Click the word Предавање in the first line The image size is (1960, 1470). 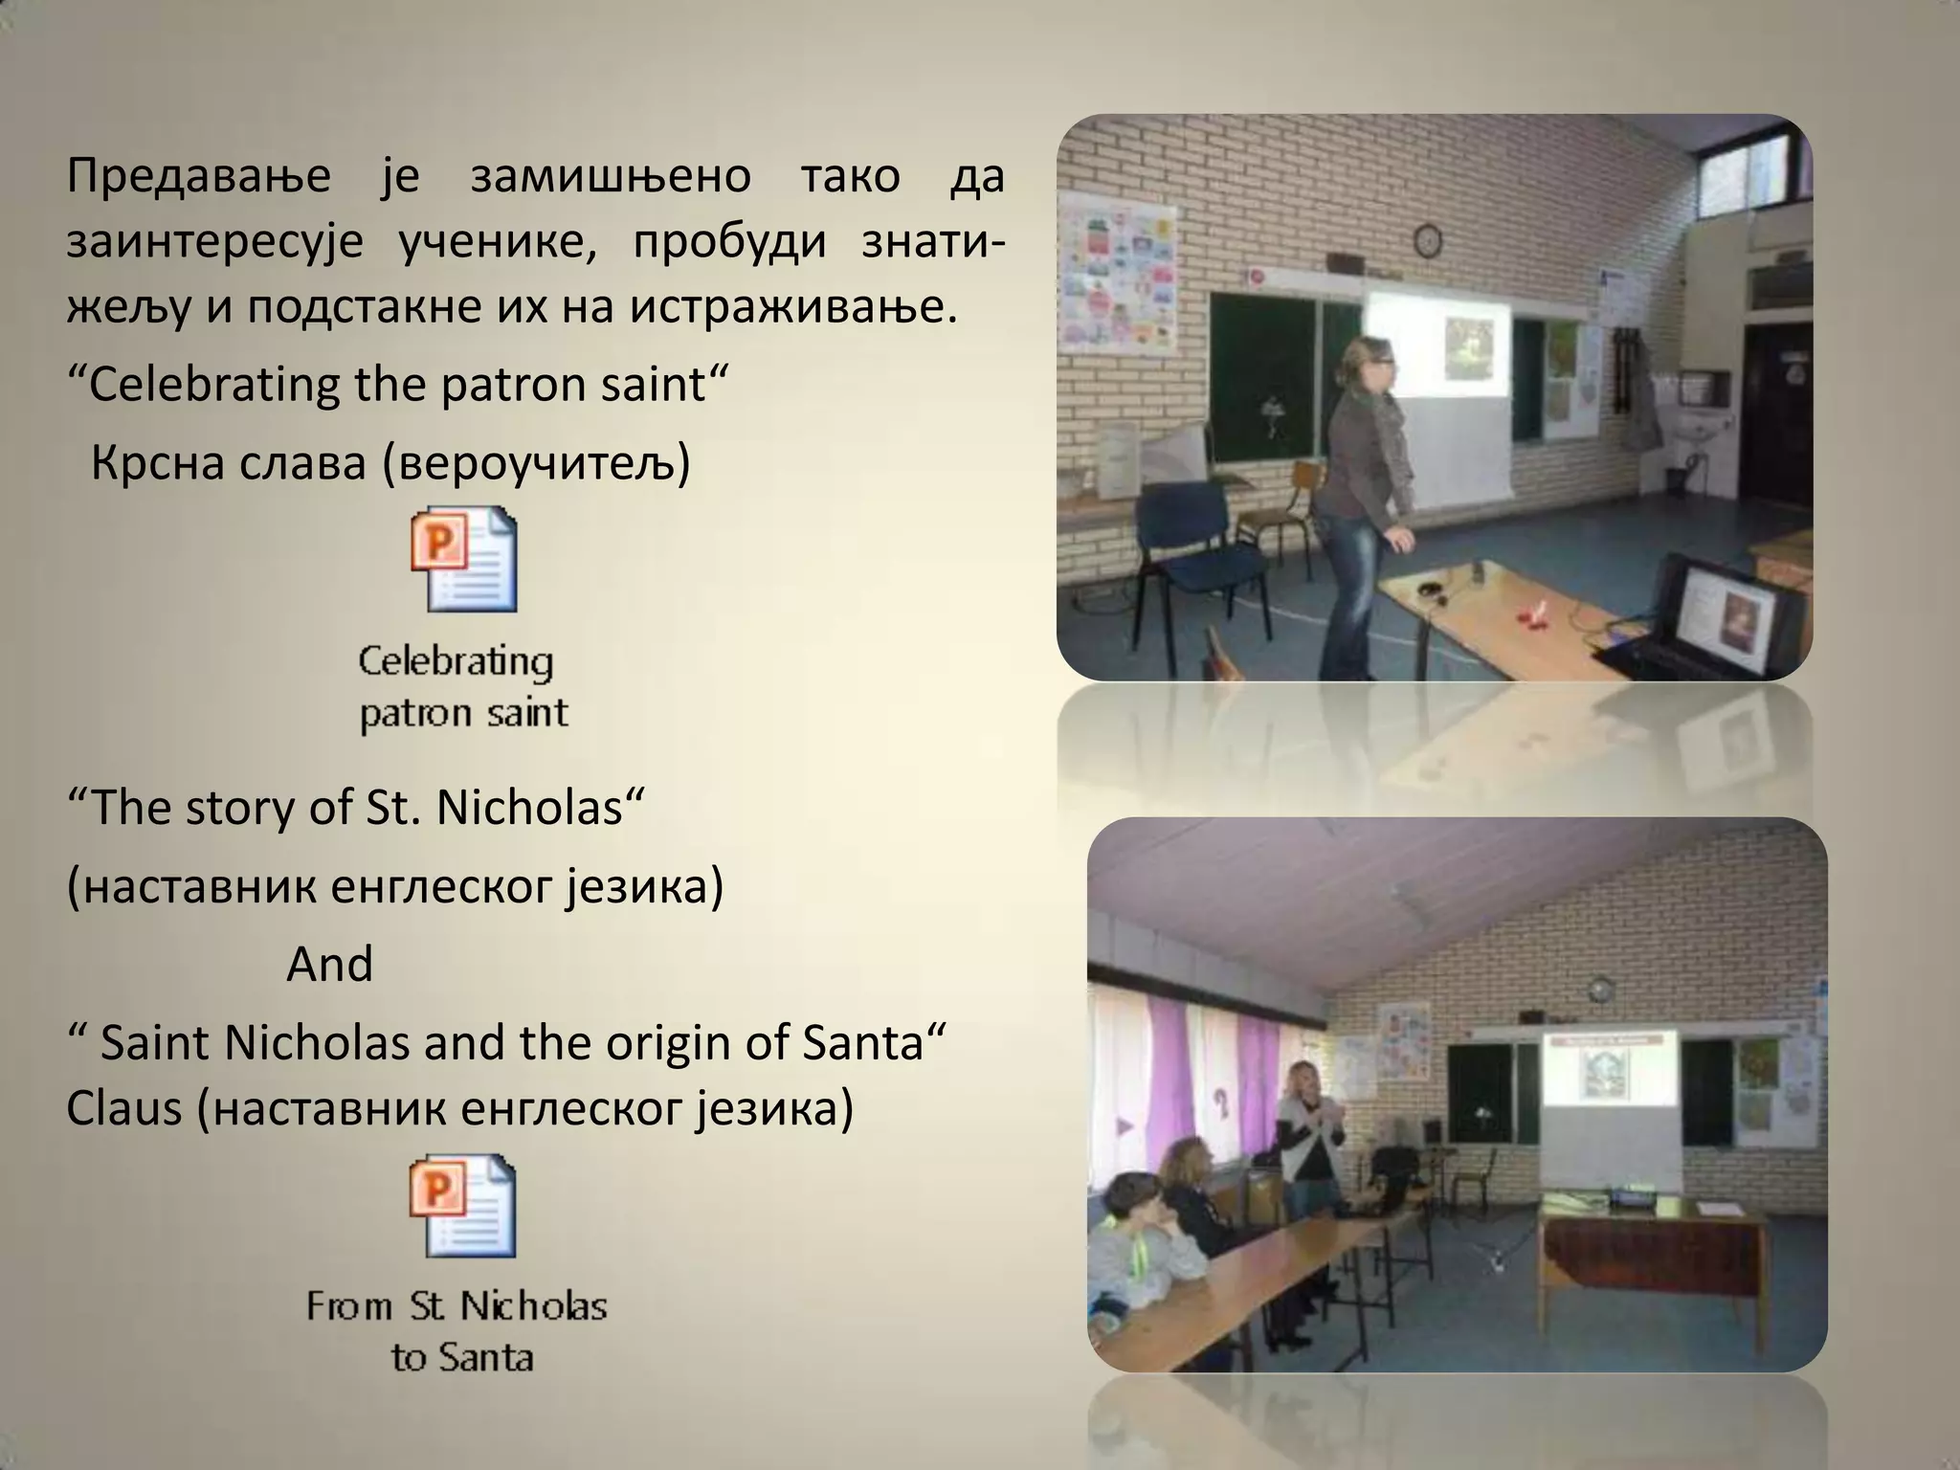(198, 178)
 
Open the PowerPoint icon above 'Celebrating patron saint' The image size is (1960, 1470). (464, 560)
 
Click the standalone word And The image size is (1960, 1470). (329, 964)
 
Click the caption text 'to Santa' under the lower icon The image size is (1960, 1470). (462, 1357)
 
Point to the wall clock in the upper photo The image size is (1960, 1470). (1428, 239)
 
